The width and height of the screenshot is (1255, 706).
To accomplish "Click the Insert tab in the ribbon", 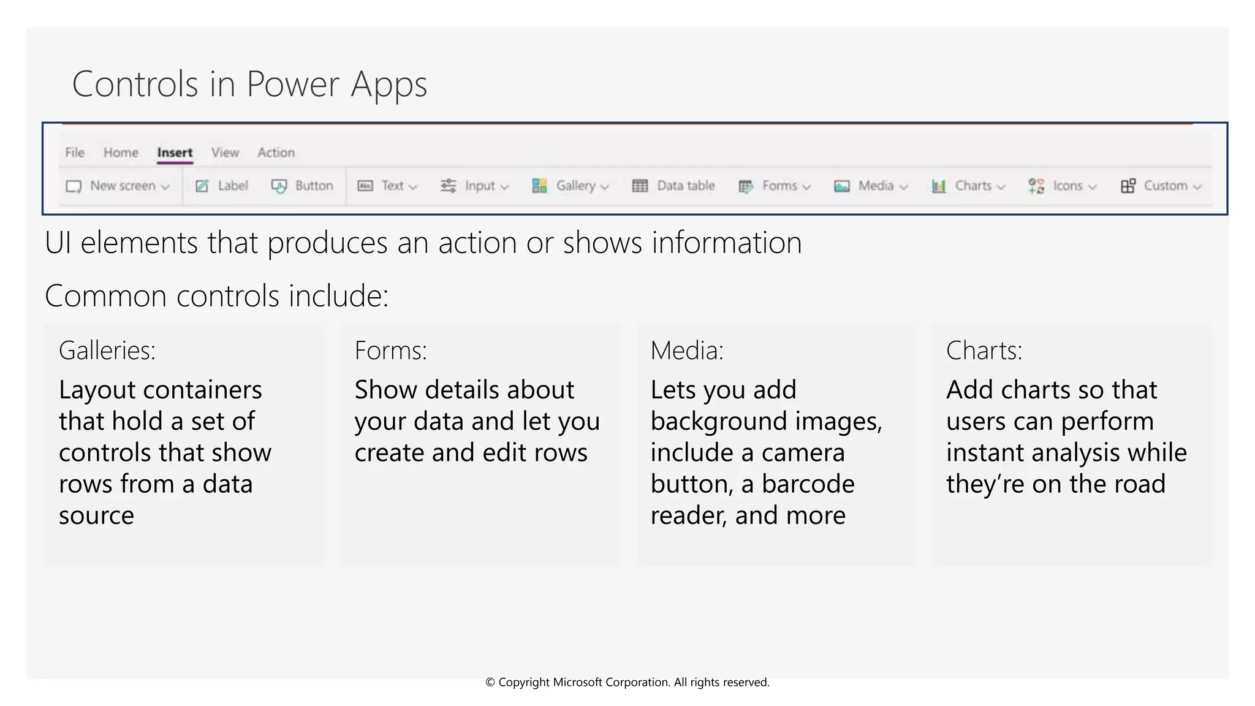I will (x=175, y=153).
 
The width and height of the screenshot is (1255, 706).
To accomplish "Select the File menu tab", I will (x=75, y=153).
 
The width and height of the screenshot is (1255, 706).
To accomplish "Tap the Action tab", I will (x=276, y=153).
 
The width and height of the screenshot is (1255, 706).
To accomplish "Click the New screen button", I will (x=118, y=186).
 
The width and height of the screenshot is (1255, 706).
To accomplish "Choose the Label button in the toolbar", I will (x=222, y=186).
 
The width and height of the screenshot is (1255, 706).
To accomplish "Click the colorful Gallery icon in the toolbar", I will (x=539, y=186).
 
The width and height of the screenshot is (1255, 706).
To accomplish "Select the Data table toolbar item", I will (x=673, y=186).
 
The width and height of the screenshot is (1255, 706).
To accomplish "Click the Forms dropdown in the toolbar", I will (x=775, y=186).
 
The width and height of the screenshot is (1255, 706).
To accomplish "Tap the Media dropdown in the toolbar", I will (x=871, y=186).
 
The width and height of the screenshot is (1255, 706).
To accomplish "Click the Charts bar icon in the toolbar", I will (x=939, y=186).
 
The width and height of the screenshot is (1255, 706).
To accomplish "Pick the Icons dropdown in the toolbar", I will (x=1063, y=186).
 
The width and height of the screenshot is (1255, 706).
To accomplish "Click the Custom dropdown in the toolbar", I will (x=1161, y=186).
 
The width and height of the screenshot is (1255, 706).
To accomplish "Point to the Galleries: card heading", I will (x=107, y=351).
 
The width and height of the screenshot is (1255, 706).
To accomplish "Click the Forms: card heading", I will (x=390, y=351).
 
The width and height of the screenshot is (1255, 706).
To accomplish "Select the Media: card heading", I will (x=686, y=351).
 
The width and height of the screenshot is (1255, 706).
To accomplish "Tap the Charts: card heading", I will (x=984, y=351).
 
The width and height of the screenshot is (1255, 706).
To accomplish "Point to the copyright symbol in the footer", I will (x=490, y=683).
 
